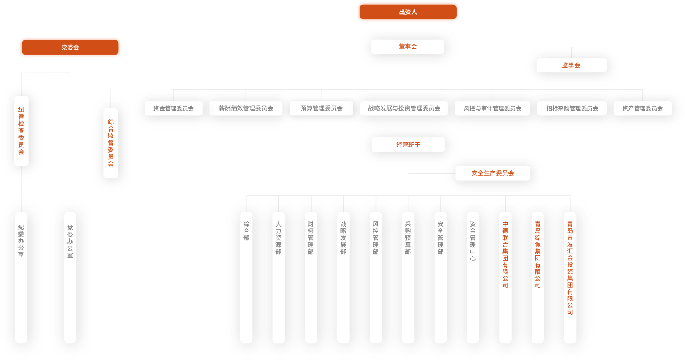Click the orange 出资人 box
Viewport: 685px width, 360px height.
tap(408, 12)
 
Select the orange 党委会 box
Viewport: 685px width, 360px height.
tap(70, 47)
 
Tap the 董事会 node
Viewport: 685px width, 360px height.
tap(408, 47)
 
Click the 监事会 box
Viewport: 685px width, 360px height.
tap(571, 65)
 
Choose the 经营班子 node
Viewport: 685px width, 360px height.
tap(408, 145)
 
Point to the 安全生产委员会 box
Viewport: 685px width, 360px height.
tap(493, 173)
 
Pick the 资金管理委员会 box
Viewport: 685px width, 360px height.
tap(173, 108)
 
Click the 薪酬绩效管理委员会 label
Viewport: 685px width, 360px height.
tap(246, 108)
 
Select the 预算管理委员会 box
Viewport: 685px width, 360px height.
tap(322, 108)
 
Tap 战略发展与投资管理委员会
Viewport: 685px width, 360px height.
tap(404, 108)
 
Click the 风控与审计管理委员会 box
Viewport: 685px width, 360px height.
tap(493, 108)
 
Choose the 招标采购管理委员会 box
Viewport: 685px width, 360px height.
tap(572, 108)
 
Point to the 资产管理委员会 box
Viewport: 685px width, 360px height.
tap(643, 108)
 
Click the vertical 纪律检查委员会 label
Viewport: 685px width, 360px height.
tap(22, 130)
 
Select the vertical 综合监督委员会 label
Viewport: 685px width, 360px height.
tap(111, 143)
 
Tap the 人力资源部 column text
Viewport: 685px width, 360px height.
tap(278, 238)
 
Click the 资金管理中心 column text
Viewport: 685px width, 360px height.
tap(473, 241)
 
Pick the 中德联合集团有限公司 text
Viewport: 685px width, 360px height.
tap(505, 254)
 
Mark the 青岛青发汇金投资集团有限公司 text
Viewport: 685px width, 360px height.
tap(570, 268)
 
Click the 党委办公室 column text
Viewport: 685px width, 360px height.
tap(70, 241)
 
